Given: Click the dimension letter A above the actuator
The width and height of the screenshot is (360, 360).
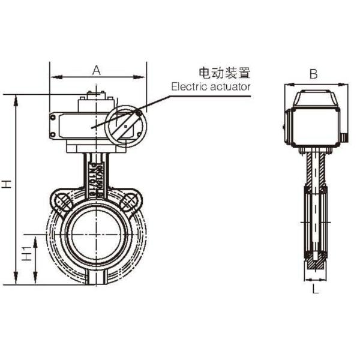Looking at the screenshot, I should point(96,70).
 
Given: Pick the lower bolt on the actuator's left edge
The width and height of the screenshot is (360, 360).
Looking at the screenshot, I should point(52,134).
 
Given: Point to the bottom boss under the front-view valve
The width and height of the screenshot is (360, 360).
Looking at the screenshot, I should point(96,280).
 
